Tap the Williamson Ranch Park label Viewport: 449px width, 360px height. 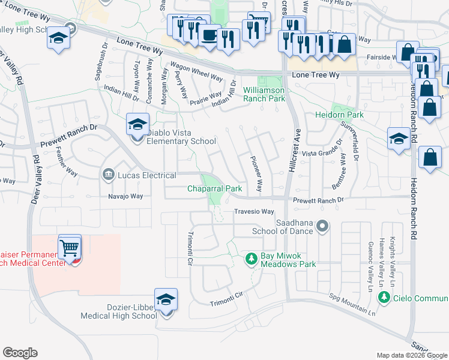(x=264, y=94)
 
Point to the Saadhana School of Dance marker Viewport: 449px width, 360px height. (x=323, y=227)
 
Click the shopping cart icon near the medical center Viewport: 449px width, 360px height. (x=70, y=246)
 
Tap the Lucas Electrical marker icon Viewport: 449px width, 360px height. (x=108, y=175)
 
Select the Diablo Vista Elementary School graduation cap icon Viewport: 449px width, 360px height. (x=137, y=125)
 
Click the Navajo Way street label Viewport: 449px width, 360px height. (x=125, y=196)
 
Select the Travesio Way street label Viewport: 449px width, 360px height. (x=254, y=212)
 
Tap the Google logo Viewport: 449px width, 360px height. (x=20, y=353)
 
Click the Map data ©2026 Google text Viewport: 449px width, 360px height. (x=412, y=355)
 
